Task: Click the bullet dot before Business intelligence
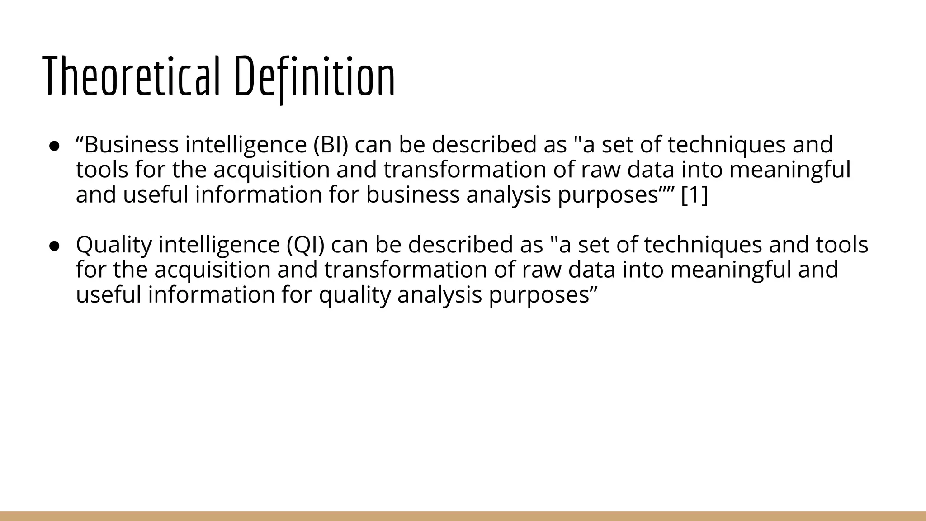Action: click(x=55, y=146)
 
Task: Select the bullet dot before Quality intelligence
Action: click(x=55, y=245)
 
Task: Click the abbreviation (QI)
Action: click(x=306, y=245)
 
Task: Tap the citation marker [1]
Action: click(x=694, y=195)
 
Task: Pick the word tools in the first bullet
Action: click(x=102, y=170)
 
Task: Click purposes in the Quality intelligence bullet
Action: click(x=543, y=295)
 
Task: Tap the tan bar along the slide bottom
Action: click(x=463, y=516)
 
